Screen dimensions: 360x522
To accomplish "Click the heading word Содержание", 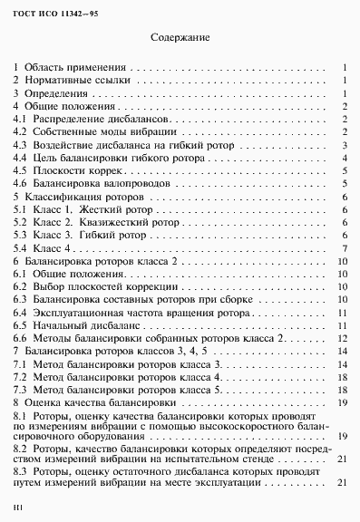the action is click(180, 39).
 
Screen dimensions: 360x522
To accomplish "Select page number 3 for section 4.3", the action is click(345, 145).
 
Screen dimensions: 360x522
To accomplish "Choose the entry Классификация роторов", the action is click(82, 197).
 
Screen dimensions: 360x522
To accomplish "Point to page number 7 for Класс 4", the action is click(345, 248).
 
